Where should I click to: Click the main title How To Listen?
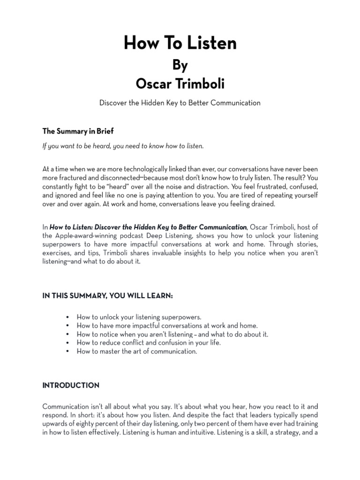[180, 44]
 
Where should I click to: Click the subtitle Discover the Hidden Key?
[180, 103]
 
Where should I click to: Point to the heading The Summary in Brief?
[78, 131]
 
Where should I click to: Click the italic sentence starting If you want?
[123, 146]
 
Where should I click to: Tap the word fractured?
[73, 178]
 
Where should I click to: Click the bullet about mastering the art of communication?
[137, 351]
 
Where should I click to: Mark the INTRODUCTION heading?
[71, 386]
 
